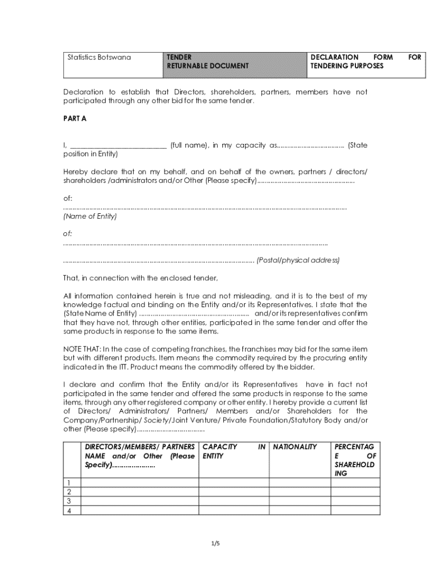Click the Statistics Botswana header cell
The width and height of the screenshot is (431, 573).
click(x=99, y=57)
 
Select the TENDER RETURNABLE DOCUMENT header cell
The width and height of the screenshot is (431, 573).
click(x=207, y=62)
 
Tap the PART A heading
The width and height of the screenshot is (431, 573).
click(x=74, y=119)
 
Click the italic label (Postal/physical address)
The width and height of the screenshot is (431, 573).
click(x=298, y=260)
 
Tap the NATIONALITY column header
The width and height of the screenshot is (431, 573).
click(x=295, y=447)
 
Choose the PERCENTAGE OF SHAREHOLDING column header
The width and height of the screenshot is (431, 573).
click(x=355, y=460)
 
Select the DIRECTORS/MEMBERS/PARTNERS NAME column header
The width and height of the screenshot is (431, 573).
click(x=139, y=455)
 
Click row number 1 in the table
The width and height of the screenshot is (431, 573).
click(x=69, y=483)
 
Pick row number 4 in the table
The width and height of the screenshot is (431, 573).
click(x=69, y=510)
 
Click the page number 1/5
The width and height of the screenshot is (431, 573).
click(x=215, y=543)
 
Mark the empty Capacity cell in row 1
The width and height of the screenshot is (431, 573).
click(x=233, y=483)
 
